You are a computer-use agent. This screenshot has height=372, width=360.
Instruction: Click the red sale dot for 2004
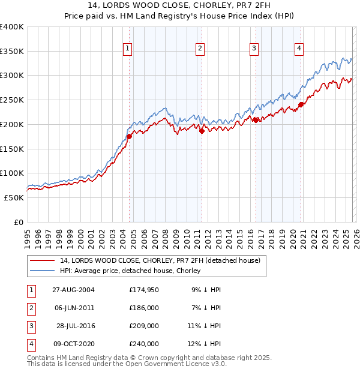tap(129, 136)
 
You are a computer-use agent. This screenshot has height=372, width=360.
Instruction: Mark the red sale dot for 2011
tap(202, 131)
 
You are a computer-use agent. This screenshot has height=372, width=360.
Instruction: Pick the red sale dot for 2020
tap(301, 104)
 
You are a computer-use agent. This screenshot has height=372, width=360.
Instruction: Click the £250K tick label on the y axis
tap(12, 100)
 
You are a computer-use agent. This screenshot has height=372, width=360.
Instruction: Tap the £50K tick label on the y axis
tap(14, 197)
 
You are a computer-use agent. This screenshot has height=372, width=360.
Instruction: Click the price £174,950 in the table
tap(143, 290)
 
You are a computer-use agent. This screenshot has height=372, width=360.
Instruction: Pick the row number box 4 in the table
tap(31, 344)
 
